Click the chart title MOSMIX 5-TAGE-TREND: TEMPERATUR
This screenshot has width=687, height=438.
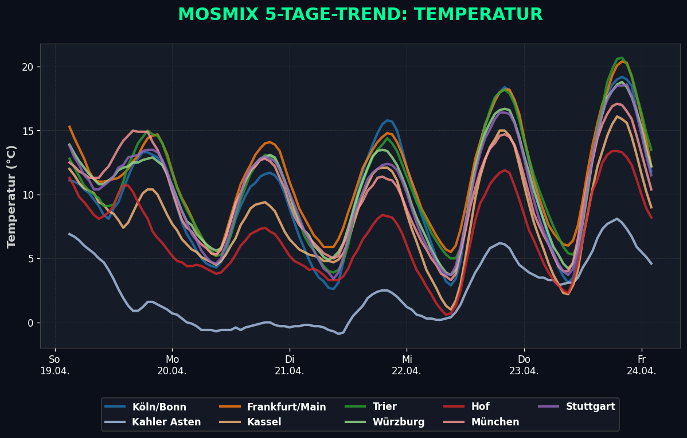(x=360, y=15)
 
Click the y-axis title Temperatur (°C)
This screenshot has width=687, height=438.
(x=11, y=196)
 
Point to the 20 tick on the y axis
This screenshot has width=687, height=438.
(x=28, y=67)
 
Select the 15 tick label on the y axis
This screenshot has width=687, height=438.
(x=28, y=131)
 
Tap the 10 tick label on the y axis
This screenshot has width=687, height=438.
(x=28, y=195)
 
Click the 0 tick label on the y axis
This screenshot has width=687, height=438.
(x=30, y=323)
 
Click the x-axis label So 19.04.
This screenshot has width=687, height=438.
(x=54, y=365)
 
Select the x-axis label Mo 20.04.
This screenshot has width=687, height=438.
(x=172, y=365)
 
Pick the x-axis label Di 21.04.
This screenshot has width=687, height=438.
(x=289, y=365)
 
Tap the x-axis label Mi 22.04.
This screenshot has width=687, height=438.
(x=407, y=365)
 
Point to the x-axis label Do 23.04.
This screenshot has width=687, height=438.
(x=524, y=365)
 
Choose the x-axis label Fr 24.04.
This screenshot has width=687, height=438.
(x=641, y=365)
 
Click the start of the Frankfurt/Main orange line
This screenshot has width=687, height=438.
(x=69, y=126)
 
